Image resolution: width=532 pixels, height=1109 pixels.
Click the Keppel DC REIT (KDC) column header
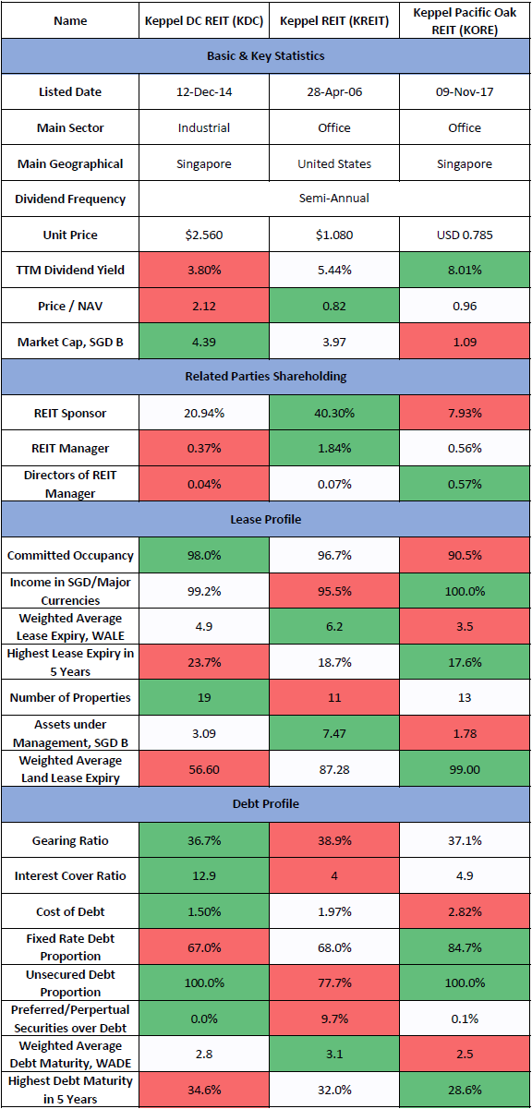204,21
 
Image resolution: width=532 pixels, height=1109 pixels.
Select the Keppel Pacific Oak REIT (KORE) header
465,21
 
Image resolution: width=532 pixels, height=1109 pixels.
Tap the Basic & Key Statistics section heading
265,56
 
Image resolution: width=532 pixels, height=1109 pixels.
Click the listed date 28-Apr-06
334,92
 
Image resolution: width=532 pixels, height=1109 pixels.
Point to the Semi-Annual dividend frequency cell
333,198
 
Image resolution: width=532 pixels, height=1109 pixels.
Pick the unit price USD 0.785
465,235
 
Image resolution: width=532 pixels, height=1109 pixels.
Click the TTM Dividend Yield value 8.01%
465,271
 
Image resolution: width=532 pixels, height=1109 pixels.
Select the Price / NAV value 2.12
204,306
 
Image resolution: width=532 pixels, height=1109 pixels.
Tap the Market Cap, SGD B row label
70,342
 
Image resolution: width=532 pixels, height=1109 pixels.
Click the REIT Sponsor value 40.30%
334,413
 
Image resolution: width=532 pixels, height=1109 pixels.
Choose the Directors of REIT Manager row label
70,484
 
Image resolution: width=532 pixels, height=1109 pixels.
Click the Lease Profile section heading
265,519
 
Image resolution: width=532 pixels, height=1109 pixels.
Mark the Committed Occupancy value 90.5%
465,556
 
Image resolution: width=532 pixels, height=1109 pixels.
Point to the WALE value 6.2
334,627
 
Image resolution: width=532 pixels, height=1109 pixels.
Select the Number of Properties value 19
204,697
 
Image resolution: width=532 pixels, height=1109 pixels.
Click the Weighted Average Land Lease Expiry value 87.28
334,769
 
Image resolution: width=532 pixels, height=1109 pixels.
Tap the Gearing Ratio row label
70,840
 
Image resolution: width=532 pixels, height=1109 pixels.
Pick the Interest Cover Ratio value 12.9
204,875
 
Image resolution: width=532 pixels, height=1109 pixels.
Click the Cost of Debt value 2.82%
465,911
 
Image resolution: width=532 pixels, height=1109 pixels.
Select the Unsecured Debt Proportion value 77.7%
334,982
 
